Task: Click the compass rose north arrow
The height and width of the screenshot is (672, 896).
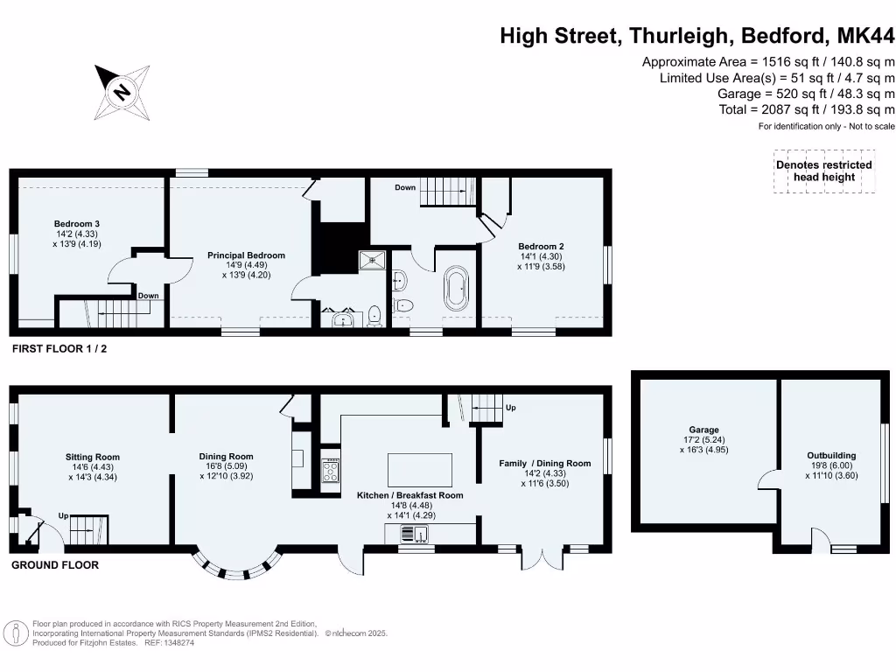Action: click(122, 91)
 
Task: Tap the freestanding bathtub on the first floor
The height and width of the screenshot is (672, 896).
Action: click(456, 290)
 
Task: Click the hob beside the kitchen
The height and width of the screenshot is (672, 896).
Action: click(332, 472)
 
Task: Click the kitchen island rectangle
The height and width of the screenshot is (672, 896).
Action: click(420, 471)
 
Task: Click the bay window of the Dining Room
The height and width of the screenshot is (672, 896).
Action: click(237, 568)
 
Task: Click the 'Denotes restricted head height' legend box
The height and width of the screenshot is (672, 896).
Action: click(823, 171)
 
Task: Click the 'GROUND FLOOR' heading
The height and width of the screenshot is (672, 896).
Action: click(54, 565)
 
